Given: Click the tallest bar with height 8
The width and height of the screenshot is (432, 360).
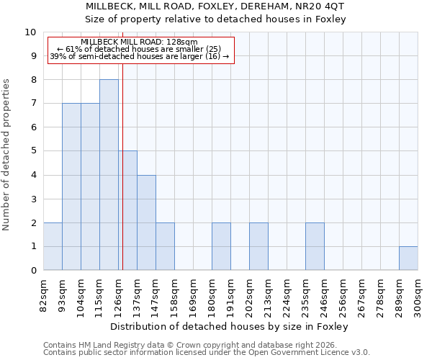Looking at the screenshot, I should pos(109,175).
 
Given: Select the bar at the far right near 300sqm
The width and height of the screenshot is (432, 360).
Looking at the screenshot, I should pos(408,258).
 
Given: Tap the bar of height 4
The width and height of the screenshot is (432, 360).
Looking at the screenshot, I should pos(146,222).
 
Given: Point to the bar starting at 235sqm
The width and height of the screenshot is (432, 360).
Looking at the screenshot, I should pos(315,247).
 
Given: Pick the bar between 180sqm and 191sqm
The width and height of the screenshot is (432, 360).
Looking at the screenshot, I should pos(221,247).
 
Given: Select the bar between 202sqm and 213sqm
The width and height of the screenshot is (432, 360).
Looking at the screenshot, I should pos(258,247).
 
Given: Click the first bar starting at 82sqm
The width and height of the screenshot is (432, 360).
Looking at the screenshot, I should pos(53,247).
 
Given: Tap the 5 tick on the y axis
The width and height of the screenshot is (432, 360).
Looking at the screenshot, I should pos(33,151).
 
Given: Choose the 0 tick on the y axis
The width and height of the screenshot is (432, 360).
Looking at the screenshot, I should pos(33,271).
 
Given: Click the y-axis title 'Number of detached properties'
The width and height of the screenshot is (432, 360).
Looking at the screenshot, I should pos(7,155).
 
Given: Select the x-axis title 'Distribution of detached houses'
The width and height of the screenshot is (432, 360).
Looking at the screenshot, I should pos(230,326).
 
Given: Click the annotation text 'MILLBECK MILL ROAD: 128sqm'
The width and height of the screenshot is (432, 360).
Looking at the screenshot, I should pos(139,42).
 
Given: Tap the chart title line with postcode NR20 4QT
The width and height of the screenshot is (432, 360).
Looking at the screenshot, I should pos(215,6).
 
